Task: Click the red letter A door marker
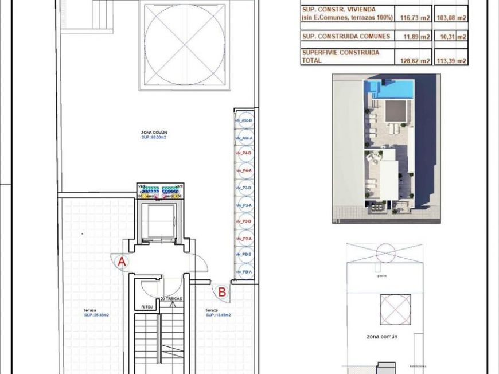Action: (x=122, y=262)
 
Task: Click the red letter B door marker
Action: (x=222, y=292)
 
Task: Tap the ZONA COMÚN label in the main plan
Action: (x=154, y=133)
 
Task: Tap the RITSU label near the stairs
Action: (x=147, y=307)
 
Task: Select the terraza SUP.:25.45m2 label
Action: (x=96, y=313)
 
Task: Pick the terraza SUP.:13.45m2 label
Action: (x=219, y=313)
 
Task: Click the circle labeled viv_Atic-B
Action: (x=244, y=121)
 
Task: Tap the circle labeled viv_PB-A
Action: (x=244, y=272)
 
